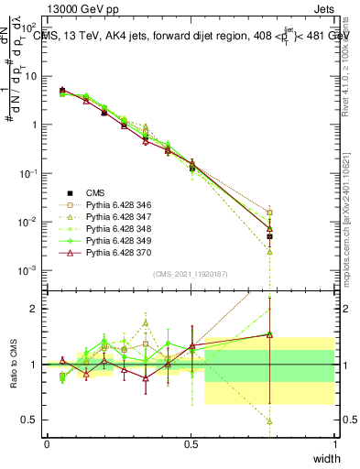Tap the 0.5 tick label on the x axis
click(x=191, y=444)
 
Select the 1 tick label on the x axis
click(x=334, y=444)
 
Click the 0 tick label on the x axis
click(x=47, y=444)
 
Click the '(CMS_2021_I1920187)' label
click(x=190, y=274)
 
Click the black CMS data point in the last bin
click(x=270, y=236)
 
